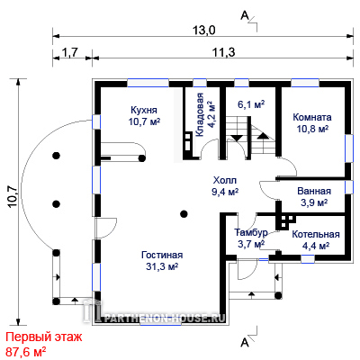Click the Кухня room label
[x=144, y=110]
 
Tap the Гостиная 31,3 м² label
[x=162, y=260]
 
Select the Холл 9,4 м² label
[x=225, y=186]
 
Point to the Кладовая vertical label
[x=200, y=115]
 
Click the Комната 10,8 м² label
[x=312, y=122]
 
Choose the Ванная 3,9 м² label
[x=314, y=196]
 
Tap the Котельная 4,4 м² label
[x=316, y=240]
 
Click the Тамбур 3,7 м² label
[x=251, y=238]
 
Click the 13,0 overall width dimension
[x=203, y=31]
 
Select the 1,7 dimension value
[x=69, y=52]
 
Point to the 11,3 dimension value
[x=224, y=52]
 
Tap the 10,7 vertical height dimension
[x=13, y=197]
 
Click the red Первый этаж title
[x=44, y=337]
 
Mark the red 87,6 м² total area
[x=26, y=351]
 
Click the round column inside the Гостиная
[x=184, y=214]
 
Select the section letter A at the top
[x=245, y=15]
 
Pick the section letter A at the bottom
[x=245, y=342]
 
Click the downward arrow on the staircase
[x=237, y=139]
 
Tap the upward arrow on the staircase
[x=263, y=136]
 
